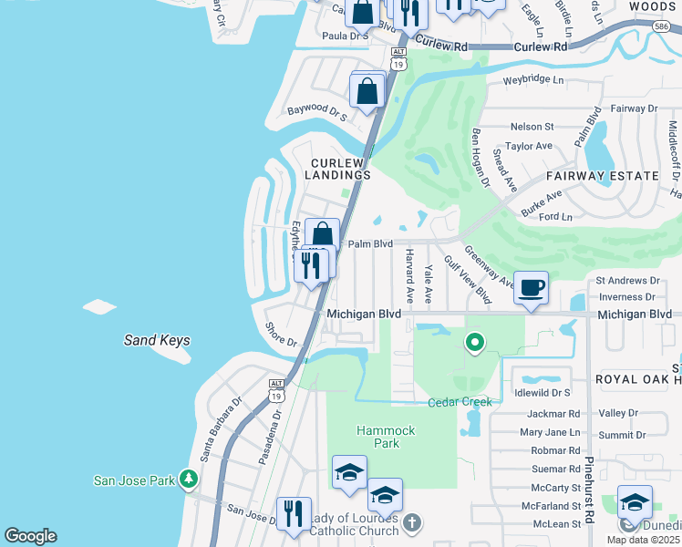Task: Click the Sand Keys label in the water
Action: click(x=157, y=341)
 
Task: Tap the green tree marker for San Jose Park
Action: click(x=189, y=479)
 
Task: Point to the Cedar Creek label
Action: click(x=460, y=402)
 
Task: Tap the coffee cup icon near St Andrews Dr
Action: click(x=532, y=288)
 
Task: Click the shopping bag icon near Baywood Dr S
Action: click(x=367, y=91)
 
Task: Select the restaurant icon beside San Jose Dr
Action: click(x=294, y=513)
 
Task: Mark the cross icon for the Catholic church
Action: click(x=412, y=522)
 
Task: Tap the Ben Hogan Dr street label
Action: click(x=480, y=158)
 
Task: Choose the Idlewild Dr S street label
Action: click(x=542, y=392)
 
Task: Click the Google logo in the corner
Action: click(x=30, y=536)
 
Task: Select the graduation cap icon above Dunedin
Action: click(x=635, y=502)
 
